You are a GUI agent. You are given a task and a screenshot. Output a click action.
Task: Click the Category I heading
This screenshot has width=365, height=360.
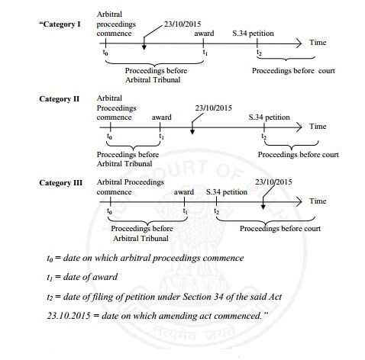coord(60,24)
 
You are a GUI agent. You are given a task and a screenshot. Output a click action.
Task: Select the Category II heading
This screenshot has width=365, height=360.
coord(60,99)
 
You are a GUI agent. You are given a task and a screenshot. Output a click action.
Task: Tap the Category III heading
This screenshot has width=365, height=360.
coord(61,183)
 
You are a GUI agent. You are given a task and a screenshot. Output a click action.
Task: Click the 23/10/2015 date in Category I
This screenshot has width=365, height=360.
coord(182,24)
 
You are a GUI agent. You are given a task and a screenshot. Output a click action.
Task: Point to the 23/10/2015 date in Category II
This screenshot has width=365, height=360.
coord(214,108)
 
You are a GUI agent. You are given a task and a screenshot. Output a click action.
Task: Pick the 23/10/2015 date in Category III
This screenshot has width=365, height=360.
coord(273,182)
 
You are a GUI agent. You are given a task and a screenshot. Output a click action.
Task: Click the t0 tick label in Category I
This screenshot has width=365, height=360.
coord(105,53)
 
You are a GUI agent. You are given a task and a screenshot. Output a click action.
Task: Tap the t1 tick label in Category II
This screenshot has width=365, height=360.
coord(161,137)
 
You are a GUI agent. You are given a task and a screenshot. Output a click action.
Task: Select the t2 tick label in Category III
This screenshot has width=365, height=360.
coord(216,211)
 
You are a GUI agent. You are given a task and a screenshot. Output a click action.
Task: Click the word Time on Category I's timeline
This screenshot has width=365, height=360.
coord(318,43)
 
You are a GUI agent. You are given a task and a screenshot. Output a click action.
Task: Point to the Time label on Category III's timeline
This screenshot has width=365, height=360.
coord(318,201)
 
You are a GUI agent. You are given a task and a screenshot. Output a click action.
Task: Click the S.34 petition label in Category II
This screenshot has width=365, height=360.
coord(270,117)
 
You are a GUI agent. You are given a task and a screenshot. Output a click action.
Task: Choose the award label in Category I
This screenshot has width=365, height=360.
coord(204,34)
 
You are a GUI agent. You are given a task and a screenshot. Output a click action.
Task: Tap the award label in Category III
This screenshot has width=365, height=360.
coord(184,192)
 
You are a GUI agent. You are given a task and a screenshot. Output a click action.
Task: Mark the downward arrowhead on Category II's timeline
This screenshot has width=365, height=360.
coord(192,131)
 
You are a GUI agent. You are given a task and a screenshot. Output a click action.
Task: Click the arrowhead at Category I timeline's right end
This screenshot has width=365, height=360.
coord(299,43)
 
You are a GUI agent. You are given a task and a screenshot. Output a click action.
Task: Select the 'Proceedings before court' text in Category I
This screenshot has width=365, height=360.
coord(293,71)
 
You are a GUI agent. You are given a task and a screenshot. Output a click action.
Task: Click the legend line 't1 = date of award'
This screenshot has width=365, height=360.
coord(82,277)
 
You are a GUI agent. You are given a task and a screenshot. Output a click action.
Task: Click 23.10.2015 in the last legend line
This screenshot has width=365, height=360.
coord(69,316)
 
